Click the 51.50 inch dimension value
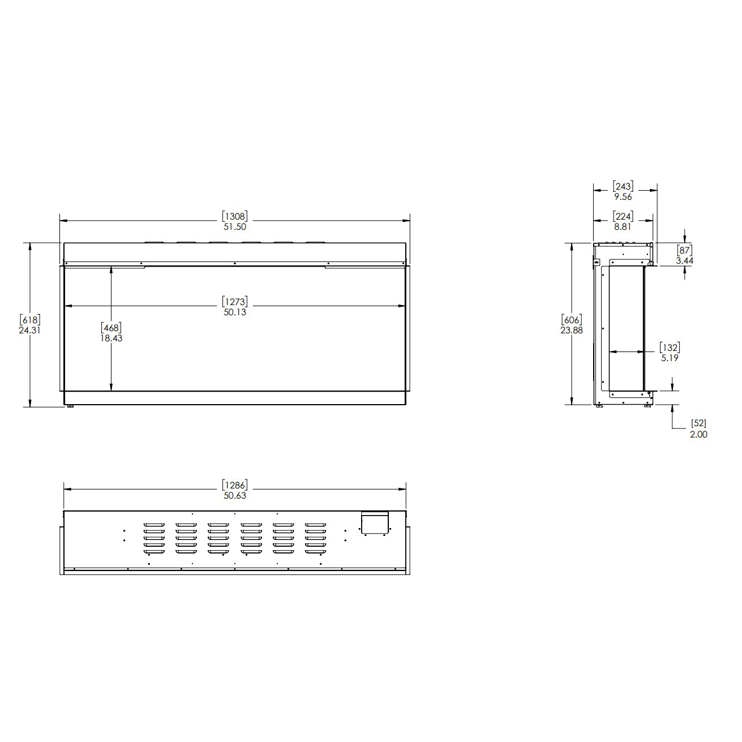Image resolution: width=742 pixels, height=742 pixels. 235,226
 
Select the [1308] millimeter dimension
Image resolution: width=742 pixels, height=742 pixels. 235,216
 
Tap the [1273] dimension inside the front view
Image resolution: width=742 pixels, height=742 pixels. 235,302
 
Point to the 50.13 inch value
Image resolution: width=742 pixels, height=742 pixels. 235,312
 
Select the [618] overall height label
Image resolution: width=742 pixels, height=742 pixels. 29,320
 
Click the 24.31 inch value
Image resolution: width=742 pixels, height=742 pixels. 29,330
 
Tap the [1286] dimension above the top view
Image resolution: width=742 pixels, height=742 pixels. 235,485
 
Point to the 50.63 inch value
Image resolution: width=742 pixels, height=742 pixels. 235,495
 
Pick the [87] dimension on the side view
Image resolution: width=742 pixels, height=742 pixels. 684,250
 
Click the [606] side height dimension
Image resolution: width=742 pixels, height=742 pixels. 572,320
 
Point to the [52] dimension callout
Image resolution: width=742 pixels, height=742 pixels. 699,423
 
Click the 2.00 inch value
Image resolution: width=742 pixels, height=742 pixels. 699,434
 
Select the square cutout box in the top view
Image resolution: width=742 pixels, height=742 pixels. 375,523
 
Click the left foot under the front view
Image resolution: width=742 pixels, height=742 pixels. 70,407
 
